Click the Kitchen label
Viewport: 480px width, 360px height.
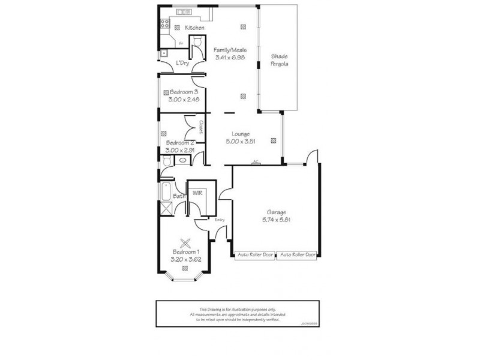(195, 28)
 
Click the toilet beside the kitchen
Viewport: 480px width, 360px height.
(195, 41)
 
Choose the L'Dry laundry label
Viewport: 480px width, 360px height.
(182, 63)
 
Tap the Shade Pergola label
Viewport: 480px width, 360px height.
(280, 59)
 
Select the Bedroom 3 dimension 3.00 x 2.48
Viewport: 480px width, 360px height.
(185, 99)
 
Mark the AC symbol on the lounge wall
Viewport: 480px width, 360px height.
(256, 161)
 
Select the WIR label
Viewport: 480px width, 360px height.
(197, 193)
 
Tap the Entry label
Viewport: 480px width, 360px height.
(220, 219)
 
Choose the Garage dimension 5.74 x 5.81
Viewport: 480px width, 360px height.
(277, 220)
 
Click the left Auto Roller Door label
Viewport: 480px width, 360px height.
(254, 254)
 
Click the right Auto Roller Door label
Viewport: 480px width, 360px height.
(298, 254)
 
